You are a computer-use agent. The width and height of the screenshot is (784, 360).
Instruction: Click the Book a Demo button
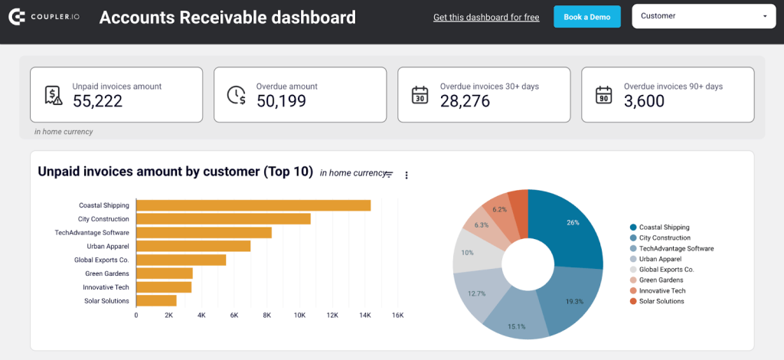[x=587, y=17]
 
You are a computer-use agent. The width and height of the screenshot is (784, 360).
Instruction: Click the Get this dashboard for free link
[x=485, y=17]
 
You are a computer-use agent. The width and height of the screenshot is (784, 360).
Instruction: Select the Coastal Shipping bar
[x=253, y=205]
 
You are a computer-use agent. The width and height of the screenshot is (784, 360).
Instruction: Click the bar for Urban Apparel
[x=193, y=246]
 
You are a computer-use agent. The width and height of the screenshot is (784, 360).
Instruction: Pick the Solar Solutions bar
[x=156, y=301]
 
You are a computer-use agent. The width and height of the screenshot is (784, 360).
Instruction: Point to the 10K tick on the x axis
[x=299, y=316]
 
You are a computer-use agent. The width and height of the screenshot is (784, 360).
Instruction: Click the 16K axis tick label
[x=397, y=316]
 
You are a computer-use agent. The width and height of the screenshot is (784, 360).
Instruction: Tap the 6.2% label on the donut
[x=500, y=209]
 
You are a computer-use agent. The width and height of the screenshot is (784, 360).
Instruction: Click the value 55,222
[x=97, y=100]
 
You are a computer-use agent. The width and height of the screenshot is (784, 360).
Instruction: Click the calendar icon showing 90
[x=603, y=94]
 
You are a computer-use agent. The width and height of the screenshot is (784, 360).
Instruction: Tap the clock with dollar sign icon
[x=237, y=94]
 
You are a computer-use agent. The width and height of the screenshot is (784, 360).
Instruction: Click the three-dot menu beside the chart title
[x=407, y=175]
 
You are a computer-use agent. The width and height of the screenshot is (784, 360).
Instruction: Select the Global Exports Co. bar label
[x=101, y=260]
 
